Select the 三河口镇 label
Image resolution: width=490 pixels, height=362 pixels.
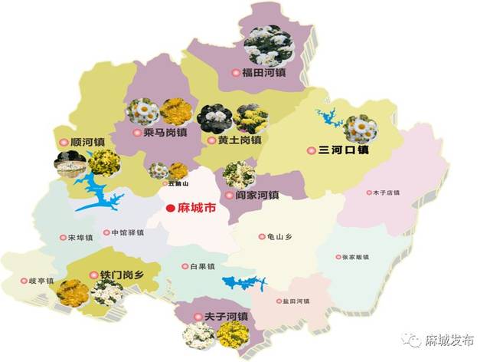pos(343,150)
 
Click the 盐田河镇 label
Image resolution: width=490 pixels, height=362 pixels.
pos(293,301)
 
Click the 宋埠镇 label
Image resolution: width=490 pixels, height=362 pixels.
pos(78,237)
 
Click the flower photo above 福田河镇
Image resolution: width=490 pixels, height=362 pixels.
pos(269,46)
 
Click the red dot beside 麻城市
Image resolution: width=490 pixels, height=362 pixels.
pos(170,208)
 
